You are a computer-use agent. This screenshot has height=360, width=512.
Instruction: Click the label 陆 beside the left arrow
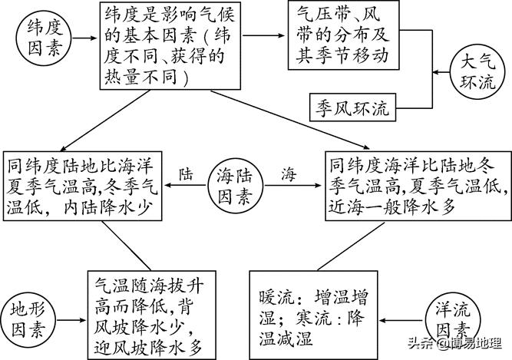coord(186,173)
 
